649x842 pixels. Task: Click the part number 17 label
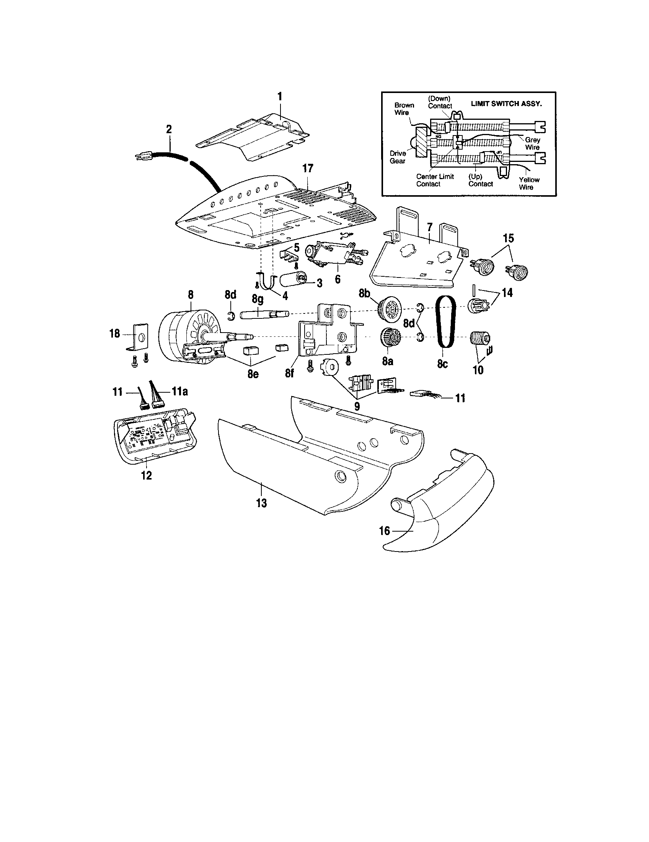[x=308, y=168]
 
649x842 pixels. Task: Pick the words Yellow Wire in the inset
[x=529, y=183]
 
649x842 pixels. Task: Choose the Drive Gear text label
[x=397, y=157]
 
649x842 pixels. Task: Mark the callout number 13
[x=261, y=503]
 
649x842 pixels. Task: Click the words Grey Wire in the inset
[x=532, y=144]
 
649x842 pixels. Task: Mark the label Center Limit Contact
[x=435, y=180]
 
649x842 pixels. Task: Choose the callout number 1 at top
[x=280, y=96]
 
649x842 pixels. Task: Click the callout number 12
[x=147, y=475]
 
